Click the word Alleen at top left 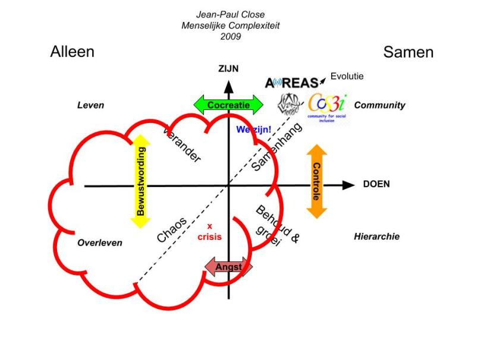[x=72, y=52]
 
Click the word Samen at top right [x=408, y=52]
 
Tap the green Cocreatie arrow [x=228, y=105]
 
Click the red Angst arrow [x=228, y=267]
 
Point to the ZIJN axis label [x=228, y=69]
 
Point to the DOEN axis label [x=376, y=184]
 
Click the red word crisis [x=209, y=236]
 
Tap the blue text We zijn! [x=253, y=129]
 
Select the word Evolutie [x=347, y=76]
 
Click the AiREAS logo [x=292, y=83]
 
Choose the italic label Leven [x=90, y=105]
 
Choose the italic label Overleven [x=100, y=243]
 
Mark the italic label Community [x=379, y=105]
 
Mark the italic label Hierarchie [x=376, y=236]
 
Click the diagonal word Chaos [x=172, y=230]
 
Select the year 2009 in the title [x=230, y=37]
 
